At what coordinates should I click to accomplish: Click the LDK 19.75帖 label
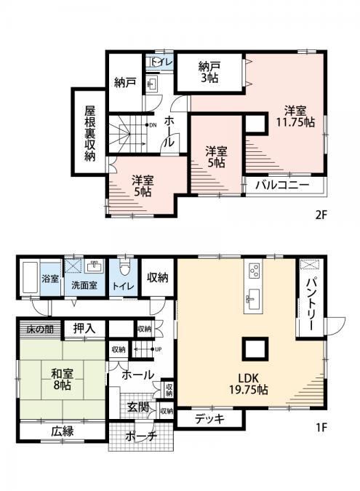[248, 383]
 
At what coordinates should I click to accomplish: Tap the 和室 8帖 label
[62, 379]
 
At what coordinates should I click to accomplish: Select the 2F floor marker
[321, 215]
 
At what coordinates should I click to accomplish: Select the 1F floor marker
[321, 427]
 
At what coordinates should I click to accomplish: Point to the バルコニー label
[282, 185]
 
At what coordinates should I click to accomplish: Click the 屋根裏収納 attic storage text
[90, 134]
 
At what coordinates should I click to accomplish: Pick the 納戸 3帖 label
[209, 72]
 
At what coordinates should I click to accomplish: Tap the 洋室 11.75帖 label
[295, 116]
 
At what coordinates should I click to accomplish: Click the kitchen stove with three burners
[254, 270]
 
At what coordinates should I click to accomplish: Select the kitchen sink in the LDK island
[253, 297]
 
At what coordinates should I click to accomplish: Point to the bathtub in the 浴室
[30, 277]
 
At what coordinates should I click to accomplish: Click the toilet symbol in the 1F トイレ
[124, 268]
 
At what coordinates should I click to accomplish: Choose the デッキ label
[209, 418]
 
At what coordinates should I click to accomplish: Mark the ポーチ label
[141, 436]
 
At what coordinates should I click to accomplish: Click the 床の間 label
[40, 329]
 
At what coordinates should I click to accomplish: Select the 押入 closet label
[84, 329]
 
